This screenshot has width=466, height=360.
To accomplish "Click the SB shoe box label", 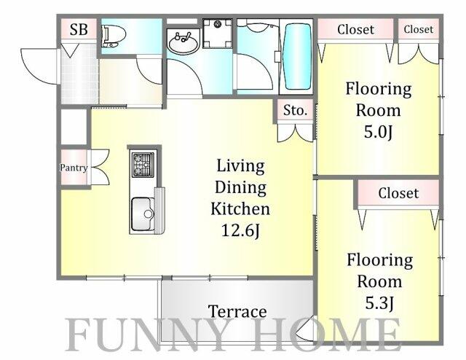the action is click(x=79, y=29).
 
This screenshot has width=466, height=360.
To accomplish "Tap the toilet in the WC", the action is click(x=114, y=36).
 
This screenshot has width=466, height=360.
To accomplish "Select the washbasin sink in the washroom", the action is click(x=183, y=43).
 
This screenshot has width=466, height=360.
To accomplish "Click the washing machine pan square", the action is click(x=218, y=34).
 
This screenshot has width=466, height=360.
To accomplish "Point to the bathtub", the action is click(x=297, y=56).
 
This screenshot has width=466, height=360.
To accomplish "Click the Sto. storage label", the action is click(x=295, y=110).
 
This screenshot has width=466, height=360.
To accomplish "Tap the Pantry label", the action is click(x=74, y=168).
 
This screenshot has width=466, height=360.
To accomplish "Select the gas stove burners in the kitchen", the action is click(x=143, y=165).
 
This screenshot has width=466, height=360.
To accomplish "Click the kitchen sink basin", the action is click(x=143, y=214).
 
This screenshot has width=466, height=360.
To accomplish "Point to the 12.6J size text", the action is click(x=240, y=230).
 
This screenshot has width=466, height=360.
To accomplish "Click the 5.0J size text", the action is click(x=379, y=132).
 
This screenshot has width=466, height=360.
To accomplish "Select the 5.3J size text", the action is click(x=379, y=303).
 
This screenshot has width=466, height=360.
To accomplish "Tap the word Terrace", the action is click(x=237, y=311).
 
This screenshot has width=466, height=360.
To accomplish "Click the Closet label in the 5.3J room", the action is click(x=398, y=193).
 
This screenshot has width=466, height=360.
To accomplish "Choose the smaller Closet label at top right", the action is click(x=419, y=29).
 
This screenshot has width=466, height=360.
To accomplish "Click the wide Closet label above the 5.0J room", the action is click(x=356, y=29).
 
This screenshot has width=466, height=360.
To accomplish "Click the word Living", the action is click(x=240, y=165).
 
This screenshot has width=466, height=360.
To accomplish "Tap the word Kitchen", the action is click(x=240, y=208).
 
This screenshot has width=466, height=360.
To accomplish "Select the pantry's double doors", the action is click(x=100, y=168).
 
